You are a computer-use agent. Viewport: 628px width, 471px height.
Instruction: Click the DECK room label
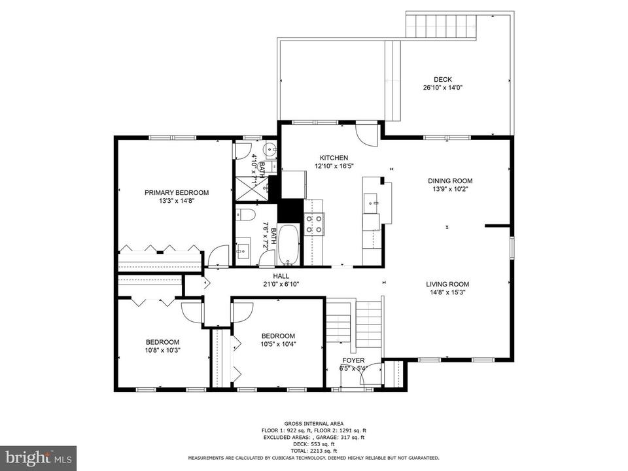click(x=443, y=79)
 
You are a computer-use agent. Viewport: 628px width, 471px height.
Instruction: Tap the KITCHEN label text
click(x=334, y=158)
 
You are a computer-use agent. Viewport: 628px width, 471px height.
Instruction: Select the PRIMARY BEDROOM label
click(x=177, y=192)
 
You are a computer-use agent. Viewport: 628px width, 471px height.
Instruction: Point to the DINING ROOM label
click(x=450, y=181)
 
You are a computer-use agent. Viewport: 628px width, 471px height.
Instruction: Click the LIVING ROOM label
click(x=447, y=285)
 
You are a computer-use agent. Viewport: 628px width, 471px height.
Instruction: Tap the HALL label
click(x=281, y=276)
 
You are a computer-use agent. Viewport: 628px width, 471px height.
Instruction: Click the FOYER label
click(x=353, y=360)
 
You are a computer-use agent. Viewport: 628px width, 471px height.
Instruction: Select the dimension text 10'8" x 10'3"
click(x=162, y=349)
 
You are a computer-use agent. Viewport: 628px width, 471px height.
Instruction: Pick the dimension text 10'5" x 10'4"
click(x=278, y=343)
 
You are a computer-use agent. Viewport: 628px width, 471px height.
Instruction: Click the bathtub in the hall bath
click(x=288, y=244)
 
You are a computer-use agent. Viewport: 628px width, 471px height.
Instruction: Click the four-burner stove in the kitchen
click(x=314, y=224)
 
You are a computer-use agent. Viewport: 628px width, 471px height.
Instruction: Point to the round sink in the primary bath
click(x=269, y=150)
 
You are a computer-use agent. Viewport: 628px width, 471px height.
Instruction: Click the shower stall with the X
click(x=252, y=188)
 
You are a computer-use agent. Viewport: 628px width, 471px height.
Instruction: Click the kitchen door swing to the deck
click(x=367, y=134)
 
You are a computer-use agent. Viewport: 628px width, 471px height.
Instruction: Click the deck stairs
click(x=442, y=26)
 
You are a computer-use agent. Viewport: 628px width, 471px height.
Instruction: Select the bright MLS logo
click(x=39, y=457)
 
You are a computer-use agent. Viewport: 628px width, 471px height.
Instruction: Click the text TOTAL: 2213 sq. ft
click(x=313, y=451)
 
